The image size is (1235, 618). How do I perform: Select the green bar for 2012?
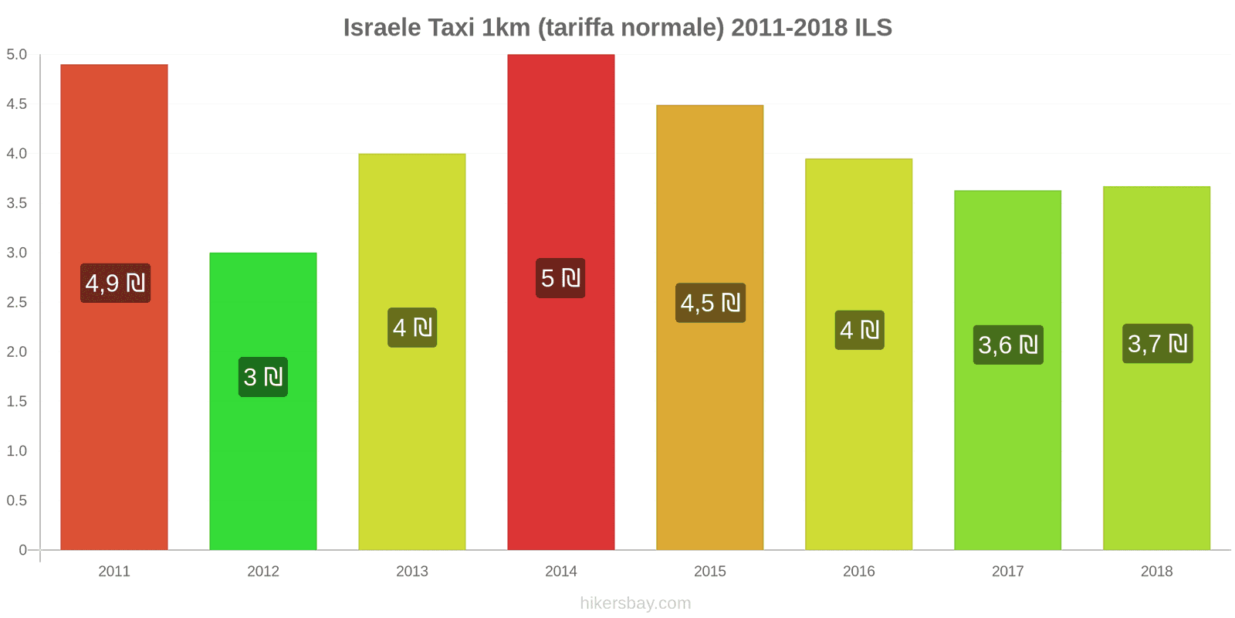[x=262, y=463]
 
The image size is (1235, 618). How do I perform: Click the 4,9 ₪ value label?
[x=115, y=284]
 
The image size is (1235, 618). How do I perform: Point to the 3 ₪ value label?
[x=263, y=377]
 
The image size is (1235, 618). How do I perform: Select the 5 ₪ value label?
[x=560, y=278]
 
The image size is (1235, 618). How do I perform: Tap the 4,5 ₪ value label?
[x=710, y=303]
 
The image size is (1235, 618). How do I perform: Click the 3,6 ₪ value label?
[x=1008, y=345]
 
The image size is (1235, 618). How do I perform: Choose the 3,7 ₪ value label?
[x=1157, y=344]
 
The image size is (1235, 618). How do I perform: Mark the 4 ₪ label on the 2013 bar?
[x=412, y=328]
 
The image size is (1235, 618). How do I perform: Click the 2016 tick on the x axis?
[x=858, y=571]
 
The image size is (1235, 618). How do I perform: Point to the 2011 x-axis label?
[x=114, y=571]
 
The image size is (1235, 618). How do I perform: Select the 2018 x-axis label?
[x=1156, y=571]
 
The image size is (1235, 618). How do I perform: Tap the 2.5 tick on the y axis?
[x=17, y=302]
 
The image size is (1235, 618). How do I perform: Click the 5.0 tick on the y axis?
[x=17, y=55]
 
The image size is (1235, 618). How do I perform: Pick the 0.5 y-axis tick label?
[x=17, y=501]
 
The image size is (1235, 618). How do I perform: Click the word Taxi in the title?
[x=451, y=28]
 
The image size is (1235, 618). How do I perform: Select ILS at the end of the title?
[x=873, y=28]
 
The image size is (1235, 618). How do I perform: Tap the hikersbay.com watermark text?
[x=635, y=603]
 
